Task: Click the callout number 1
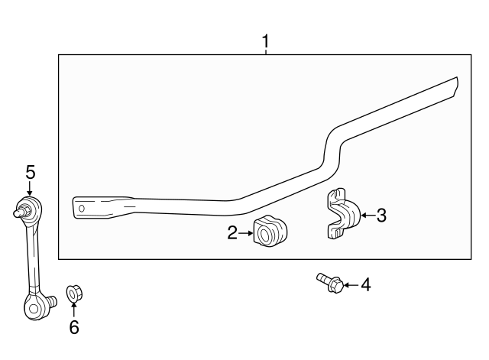click(x=265, y=42)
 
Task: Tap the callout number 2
click(x=232, y=233)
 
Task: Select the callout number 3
click(x=381, y=216)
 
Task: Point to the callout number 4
click(x=365, y=285)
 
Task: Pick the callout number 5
click(x=30, y=173)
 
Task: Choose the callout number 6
click(x=73, y=327)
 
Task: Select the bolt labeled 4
click(x=329, y=283)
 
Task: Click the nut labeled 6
click(x=74, y=293)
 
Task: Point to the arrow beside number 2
click(x=246, y=233)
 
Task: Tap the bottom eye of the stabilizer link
click(x=34, y=307)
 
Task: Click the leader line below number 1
click(x=265, y=53)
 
